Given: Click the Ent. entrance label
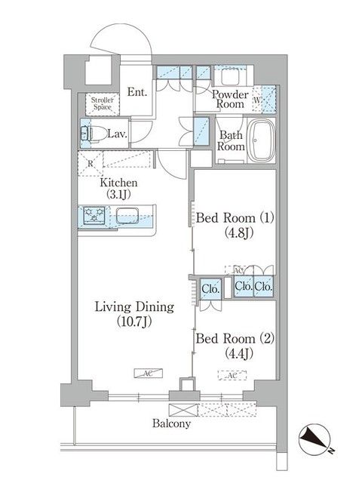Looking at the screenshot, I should [x=137, y=92].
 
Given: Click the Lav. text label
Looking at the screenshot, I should [x=116, y=134].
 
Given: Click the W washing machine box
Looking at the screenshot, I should [x=257, y=100].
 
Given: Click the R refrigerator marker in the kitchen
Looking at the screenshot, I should [x=90, y=162].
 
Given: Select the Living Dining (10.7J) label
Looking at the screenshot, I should [x=133, y=314].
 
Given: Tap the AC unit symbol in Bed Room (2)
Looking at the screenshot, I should [x=232, y=374].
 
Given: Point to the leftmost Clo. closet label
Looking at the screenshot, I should [x=210, y=287].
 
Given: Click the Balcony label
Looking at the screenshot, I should [x=173, y=423].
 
